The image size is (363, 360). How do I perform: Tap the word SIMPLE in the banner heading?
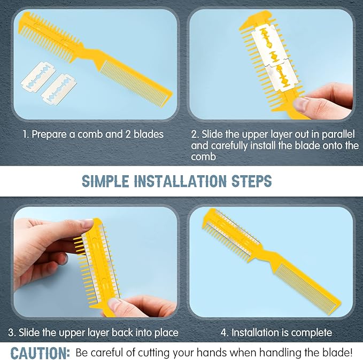pos(105,181)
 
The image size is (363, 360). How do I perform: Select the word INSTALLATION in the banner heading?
pos(180,181)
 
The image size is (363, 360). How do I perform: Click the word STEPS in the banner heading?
pos(252,181)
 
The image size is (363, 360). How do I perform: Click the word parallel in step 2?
pos(338,135)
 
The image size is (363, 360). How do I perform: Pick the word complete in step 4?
pos(311,333)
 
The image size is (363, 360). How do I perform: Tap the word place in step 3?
pos(166,333)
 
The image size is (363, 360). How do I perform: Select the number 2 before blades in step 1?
pos(128,135)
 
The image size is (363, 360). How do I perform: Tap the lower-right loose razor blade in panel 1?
pos(59,89)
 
